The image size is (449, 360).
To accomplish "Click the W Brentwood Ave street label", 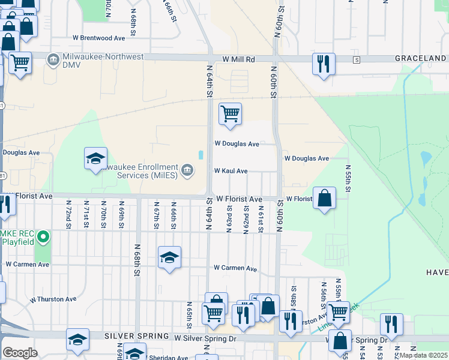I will [x=98, y=38].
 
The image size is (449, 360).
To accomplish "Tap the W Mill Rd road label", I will [x=238, y=60].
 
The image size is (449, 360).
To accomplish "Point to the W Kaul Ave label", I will [x=231, y=171].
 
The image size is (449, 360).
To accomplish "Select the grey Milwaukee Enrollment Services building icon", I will [x=187, y=171].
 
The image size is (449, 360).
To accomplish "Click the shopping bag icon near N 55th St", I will [x=324, y=198].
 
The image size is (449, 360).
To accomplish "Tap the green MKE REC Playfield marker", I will [x=43, y=238].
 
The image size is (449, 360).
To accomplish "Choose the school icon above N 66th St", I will [x=170, y=258].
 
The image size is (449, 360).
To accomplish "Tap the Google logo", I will [x=20, y=353].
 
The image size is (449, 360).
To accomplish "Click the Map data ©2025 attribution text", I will [x=423, y=355].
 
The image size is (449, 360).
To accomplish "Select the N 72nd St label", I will [x=68, y=214].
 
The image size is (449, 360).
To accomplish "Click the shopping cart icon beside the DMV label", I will [x=20, y=62].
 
